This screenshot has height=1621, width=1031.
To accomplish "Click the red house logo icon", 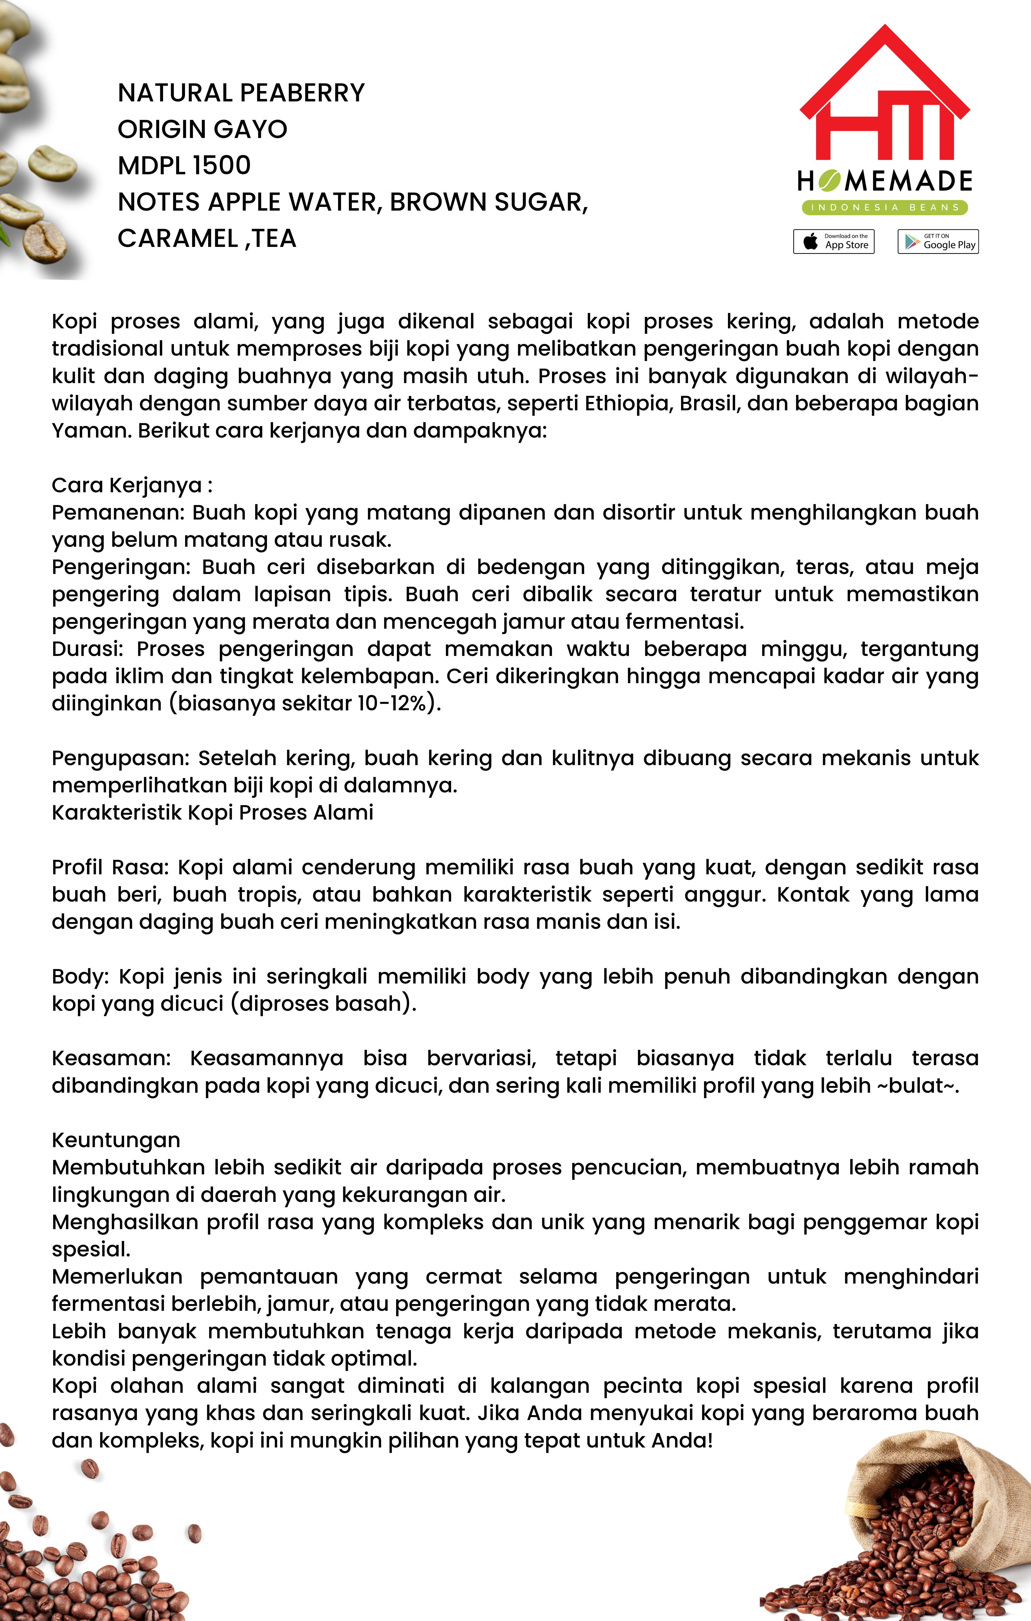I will tap(884, 94).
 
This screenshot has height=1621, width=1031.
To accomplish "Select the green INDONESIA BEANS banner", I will tap(884, 207).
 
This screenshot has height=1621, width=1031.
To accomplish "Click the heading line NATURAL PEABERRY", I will tap(241, 93).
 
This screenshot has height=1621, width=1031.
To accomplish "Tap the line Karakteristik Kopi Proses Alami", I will tap(212, 813).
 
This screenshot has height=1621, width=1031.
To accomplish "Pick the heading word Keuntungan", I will tap(116, 1140).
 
